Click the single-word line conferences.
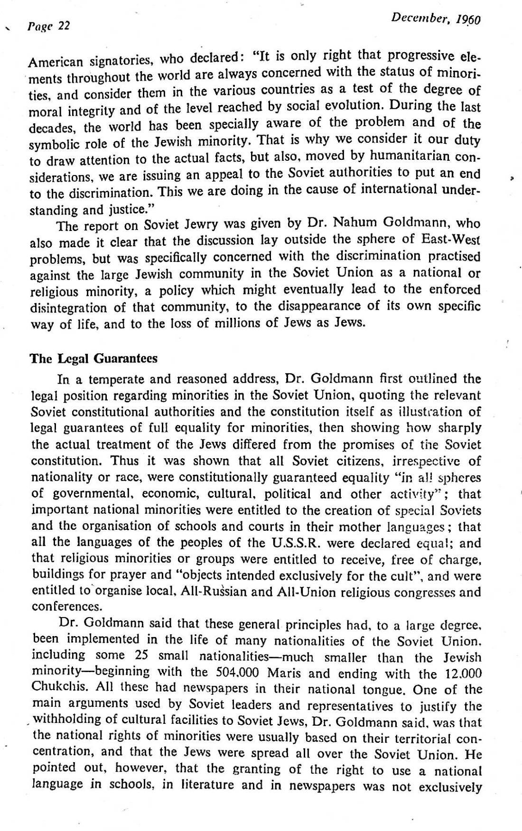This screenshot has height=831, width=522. point(60,607)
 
